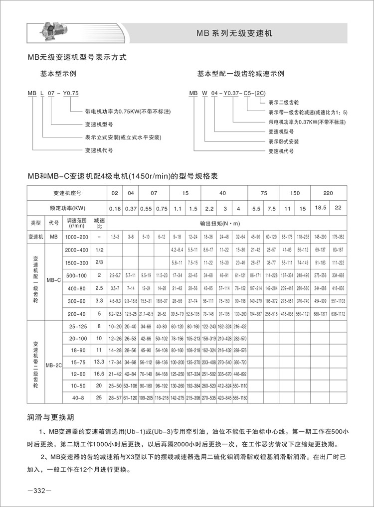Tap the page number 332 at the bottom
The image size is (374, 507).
(39, 491)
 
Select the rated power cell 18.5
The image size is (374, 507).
(319, 207)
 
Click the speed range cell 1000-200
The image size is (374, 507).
(76, 236)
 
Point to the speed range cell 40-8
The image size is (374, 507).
(76, 397)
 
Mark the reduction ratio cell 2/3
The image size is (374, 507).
(99, 262)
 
